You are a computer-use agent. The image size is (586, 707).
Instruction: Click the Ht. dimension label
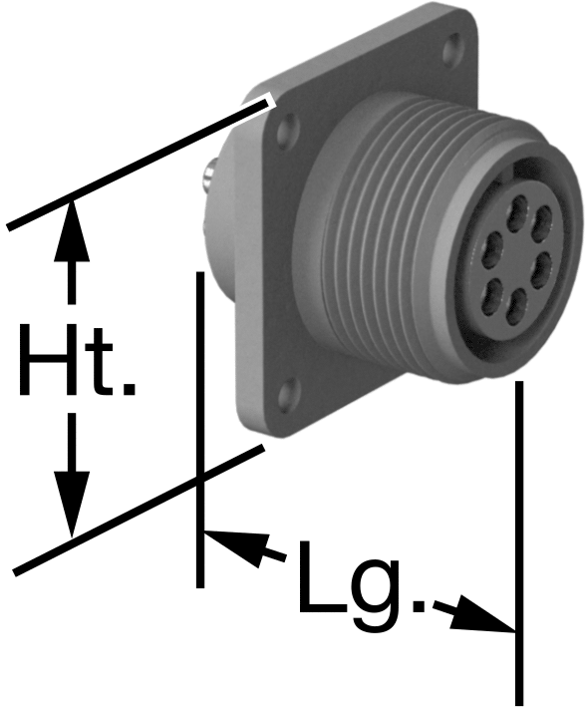[x=77, y=359]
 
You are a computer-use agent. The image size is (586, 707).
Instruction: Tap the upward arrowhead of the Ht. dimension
[x=71, y=231]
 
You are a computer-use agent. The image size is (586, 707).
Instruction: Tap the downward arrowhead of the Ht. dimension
[x=71, y=505]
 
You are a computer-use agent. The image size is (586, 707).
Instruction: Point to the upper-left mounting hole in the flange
[x=288, y=131]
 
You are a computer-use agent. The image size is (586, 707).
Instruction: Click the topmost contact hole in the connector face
[x=517, y=210]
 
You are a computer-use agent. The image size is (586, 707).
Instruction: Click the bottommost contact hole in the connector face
[x=516, y=306]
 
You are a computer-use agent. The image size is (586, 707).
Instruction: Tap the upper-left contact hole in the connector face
[x=491, y=247]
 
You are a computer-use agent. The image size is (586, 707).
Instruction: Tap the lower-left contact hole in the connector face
[x=491, y=295]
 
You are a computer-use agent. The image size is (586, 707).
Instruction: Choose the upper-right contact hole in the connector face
[x=541, y=222]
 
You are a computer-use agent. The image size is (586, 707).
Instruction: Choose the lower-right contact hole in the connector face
[x=540, y=269]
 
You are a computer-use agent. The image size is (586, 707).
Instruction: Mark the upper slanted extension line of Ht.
[x=140, y=165]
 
